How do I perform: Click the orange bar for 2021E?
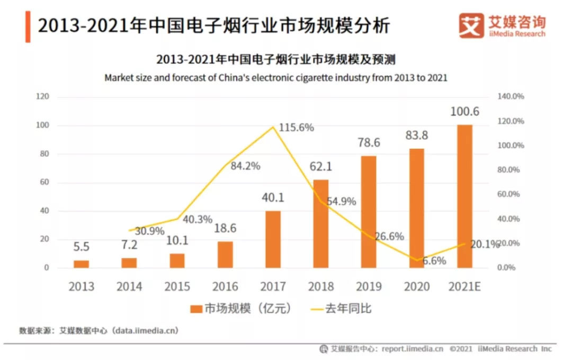pos(464,196)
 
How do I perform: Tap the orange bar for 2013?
pos(81,264)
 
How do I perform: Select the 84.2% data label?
pos(245,166)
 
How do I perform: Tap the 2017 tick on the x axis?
pos(273,286)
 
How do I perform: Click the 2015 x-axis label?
pos(177,286)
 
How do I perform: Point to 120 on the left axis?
pos(42,97)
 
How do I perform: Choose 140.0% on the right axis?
pos(511,97)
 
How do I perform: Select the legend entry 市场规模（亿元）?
pos(240,308)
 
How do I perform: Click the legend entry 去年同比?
pos(341,308)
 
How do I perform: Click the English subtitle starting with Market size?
pos(276,77)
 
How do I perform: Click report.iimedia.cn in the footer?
pos(411,349)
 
